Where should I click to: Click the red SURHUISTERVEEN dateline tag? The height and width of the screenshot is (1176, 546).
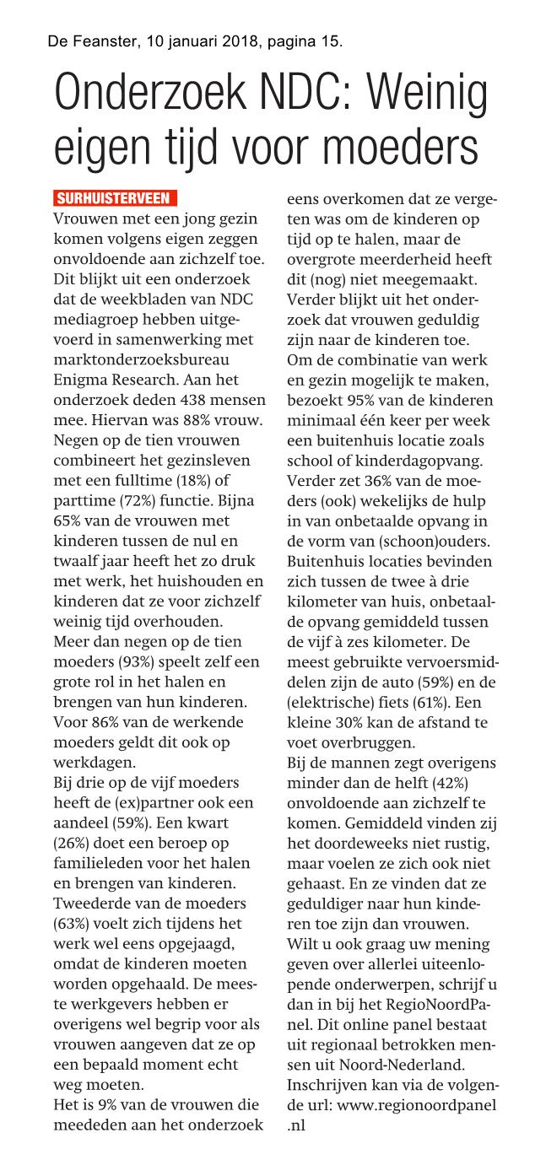click(115, 199)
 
